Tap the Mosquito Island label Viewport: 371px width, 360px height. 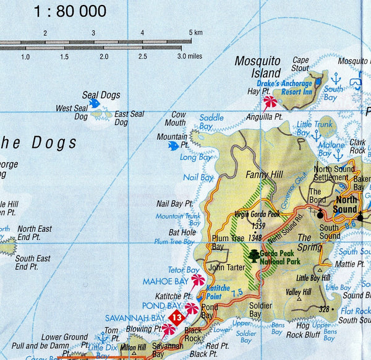pyautogui.click(x=258, y=67)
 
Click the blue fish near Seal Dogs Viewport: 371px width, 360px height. pyautogui.click(x=95, y=103)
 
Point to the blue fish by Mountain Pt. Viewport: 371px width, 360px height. pyautogui.click(x=174, y=145)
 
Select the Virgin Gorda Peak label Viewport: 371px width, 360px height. pyautogui.click(x=257, y=214)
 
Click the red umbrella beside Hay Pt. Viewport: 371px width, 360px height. pyautogui.click(x=270, y=101)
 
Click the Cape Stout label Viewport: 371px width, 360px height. pyautogui.click(x=301, y=64)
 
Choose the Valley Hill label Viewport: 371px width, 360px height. pyautogui.click(x=299, y=292)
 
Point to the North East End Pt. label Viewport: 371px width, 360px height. pyautogui.click(x=33, y=233)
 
